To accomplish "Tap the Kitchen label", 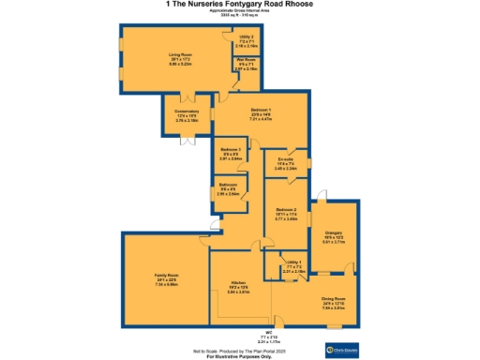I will tap(238, 289).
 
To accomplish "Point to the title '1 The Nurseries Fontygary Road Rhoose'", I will tap(239, 5).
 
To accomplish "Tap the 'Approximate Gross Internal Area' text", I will tap(239, 12).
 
